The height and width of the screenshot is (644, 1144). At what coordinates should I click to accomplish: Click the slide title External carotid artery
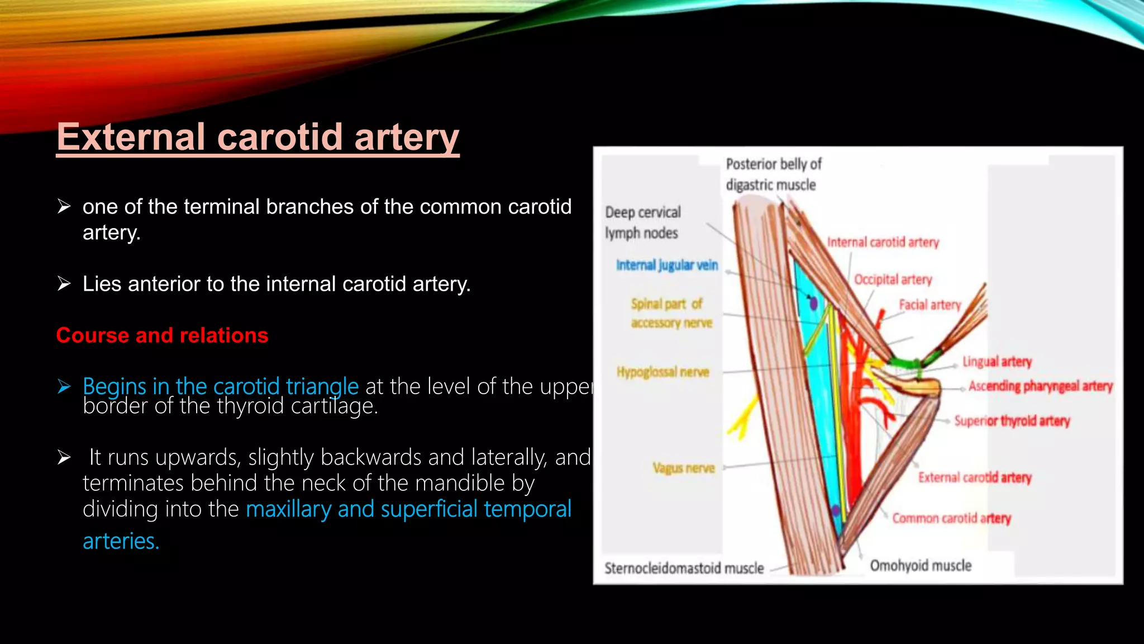258,138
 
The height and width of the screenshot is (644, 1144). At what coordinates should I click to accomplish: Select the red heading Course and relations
162,335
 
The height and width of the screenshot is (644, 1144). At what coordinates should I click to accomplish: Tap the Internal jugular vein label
666,265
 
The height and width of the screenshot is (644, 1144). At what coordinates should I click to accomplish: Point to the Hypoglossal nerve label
662,372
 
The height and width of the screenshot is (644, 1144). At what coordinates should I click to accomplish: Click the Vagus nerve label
683,468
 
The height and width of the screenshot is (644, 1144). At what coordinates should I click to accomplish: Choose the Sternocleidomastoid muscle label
684,569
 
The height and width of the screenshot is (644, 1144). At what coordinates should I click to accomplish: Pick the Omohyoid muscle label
921,566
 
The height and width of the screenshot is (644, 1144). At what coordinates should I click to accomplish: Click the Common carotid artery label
951,518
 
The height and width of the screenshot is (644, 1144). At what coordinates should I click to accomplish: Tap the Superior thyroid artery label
1012,421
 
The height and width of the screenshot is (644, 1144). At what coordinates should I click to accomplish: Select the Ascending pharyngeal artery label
1040,386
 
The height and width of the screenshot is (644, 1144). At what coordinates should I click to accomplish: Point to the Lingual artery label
997,362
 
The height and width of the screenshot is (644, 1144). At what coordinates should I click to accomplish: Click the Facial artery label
929,305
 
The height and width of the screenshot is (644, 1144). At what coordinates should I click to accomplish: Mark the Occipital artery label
893,279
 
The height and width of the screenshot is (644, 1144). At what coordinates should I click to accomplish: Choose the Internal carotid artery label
883,242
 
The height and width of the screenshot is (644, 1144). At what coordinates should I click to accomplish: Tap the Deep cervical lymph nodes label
642,222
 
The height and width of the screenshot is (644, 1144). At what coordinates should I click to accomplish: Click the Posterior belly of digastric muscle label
773,174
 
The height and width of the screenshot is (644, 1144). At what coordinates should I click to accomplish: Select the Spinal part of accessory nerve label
671,313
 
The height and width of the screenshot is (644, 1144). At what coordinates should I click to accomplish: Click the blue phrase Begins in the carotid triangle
220,386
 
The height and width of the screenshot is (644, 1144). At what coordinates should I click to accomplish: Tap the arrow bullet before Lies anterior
64,284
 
